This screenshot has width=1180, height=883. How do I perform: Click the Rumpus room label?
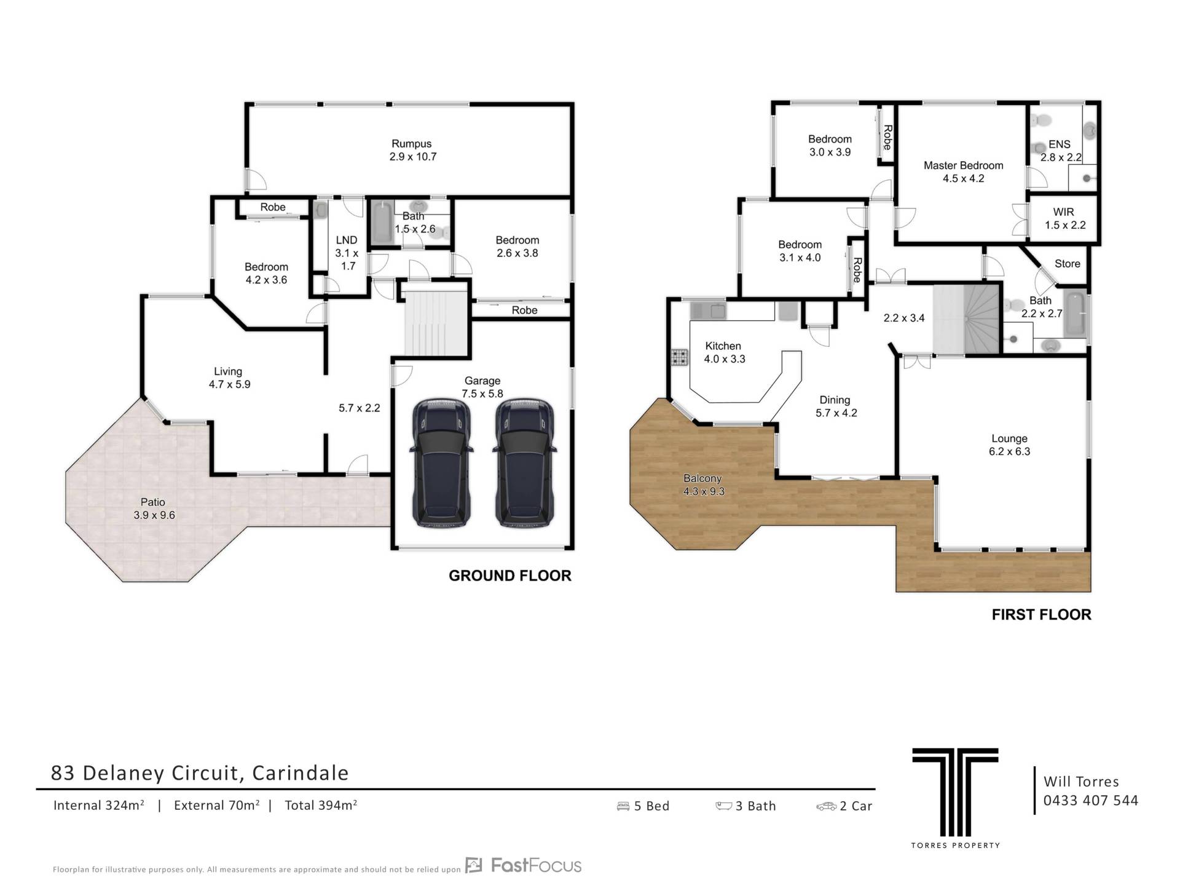pyautogui.click(x=412, y=144)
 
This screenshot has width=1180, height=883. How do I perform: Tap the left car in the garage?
pyautogui.click(x=442, y=463)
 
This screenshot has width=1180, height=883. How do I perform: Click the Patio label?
pyautogui.click(x=153, y=502)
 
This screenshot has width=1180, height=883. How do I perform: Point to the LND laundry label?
pyautogui.click(x=347, y=240)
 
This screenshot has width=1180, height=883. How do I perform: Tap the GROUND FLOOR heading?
pyautogui.click(x=510, y=576)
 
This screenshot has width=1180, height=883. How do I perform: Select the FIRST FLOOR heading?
pyautogui.click(x=1042, y=614)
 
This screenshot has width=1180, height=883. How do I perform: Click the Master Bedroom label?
pyautogui.click(x=963, y=165)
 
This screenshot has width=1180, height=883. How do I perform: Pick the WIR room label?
pyautogui.click(x=1064, y=212)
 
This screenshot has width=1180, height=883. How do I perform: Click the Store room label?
pyautogui.click(x=1068, y=264)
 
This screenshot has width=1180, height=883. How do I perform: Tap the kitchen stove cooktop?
pyautogui.click(x=679, y=357)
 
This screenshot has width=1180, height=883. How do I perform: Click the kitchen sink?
pyautogui.click(x=708, y=311)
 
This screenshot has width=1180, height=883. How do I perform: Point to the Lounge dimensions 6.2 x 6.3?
pyautogui.click(x=1009, y=451)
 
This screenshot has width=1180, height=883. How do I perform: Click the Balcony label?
pyautogui.click(x=702, y=478)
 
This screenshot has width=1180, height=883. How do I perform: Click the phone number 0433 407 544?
pyautogui.click(x=1091, y=801)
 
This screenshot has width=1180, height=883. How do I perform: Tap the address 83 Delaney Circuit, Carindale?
pyautogui.click(x=200, y=773)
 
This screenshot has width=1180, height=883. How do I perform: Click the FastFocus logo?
pyautogui.click(x=523, y=866)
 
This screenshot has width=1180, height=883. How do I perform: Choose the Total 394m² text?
pyautogui.click(x=321, y=805)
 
